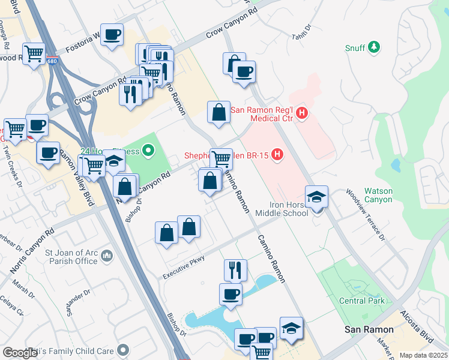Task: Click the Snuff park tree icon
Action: [374, 47]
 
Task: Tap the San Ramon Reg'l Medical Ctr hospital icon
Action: [302, 112]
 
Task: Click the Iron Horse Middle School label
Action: [282, 208]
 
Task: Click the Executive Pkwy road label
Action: [184, 268]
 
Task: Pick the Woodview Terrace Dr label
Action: [364, 215]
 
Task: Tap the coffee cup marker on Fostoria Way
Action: [112, 35]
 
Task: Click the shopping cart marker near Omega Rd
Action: [34, 53]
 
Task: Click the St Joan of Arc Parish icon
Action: [106, 256]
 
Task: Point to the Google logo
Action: [19, 353]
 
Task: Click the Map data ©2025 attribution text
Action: [423, 355]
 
